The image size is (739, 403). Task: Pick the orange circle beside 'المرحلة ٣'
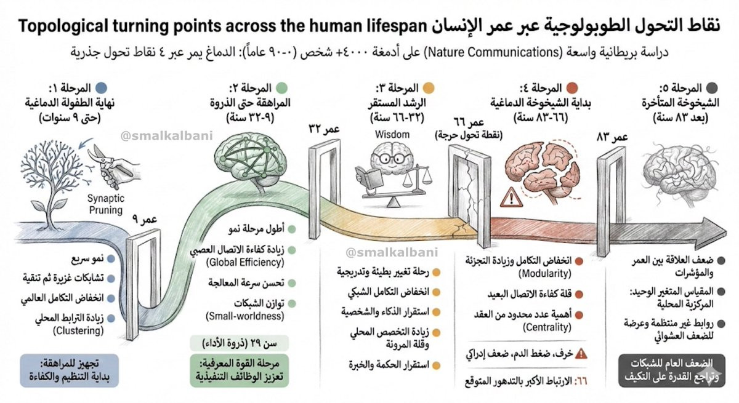(x=429, y=88)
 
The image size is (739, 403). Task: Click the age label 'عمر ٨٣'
(x=612, y=135)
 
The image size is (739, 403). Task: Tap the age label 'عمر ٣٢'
(x=323, y=129)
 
